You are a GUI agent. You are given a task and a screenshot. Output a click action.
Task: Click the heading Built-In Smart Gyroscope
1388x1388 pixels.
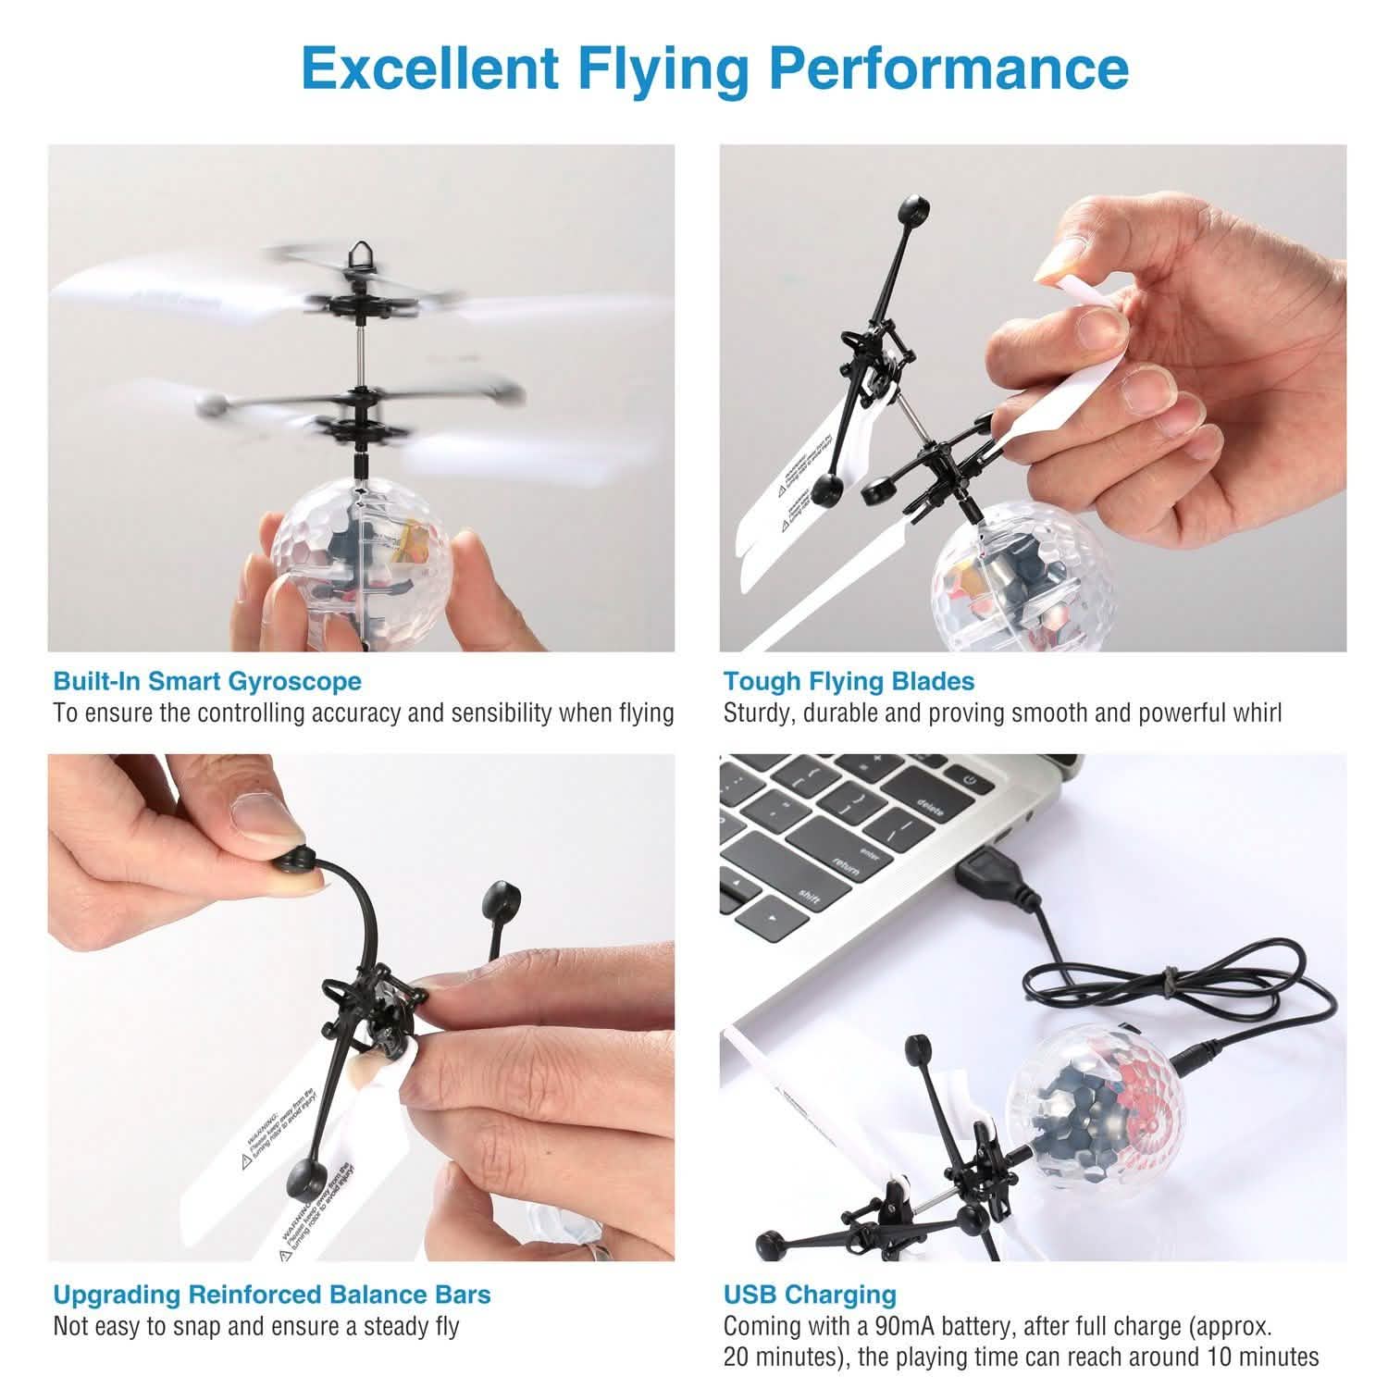pos(207,682)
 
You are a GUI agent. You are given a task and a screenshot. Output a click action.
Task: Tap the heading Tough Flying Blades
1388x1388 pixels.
pos(849,682)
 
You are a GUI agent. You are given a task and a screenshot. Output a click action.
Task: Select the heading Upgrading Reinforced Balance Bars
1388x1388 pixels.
pos(271,1294)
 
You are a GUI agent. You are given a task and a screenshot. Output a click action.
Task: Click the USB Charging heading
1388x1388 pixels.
pos(810,1294)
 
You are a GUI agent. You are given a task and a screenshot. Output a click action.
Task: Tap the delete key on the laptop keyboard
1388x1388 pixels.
pos(927,806)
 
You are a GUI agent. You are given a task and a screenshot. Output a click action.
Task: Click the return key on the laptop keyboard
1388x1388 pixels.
pos(847,865)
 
